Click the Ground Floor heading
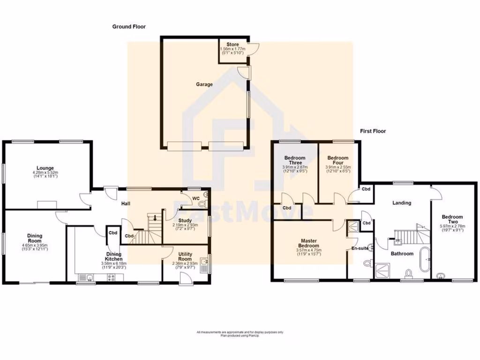tap(129, 27)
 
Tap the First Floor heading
tap(373, 131)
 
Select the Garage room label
tap(204, 85)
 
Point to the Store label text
tap(233, 45)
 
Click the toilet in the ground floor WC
tap(202, 203)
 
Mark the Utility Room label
tap(185, 256)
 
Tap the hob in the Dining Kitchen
tap(112, 277)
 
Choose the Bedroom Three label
tap(294, 160)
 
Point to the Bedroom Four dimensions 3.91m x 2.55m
tap(338, 167)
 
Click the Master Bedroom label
tap(309, 243)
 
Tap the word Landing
tap(402, 203)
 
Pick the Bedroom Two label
tap(452, 219)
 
